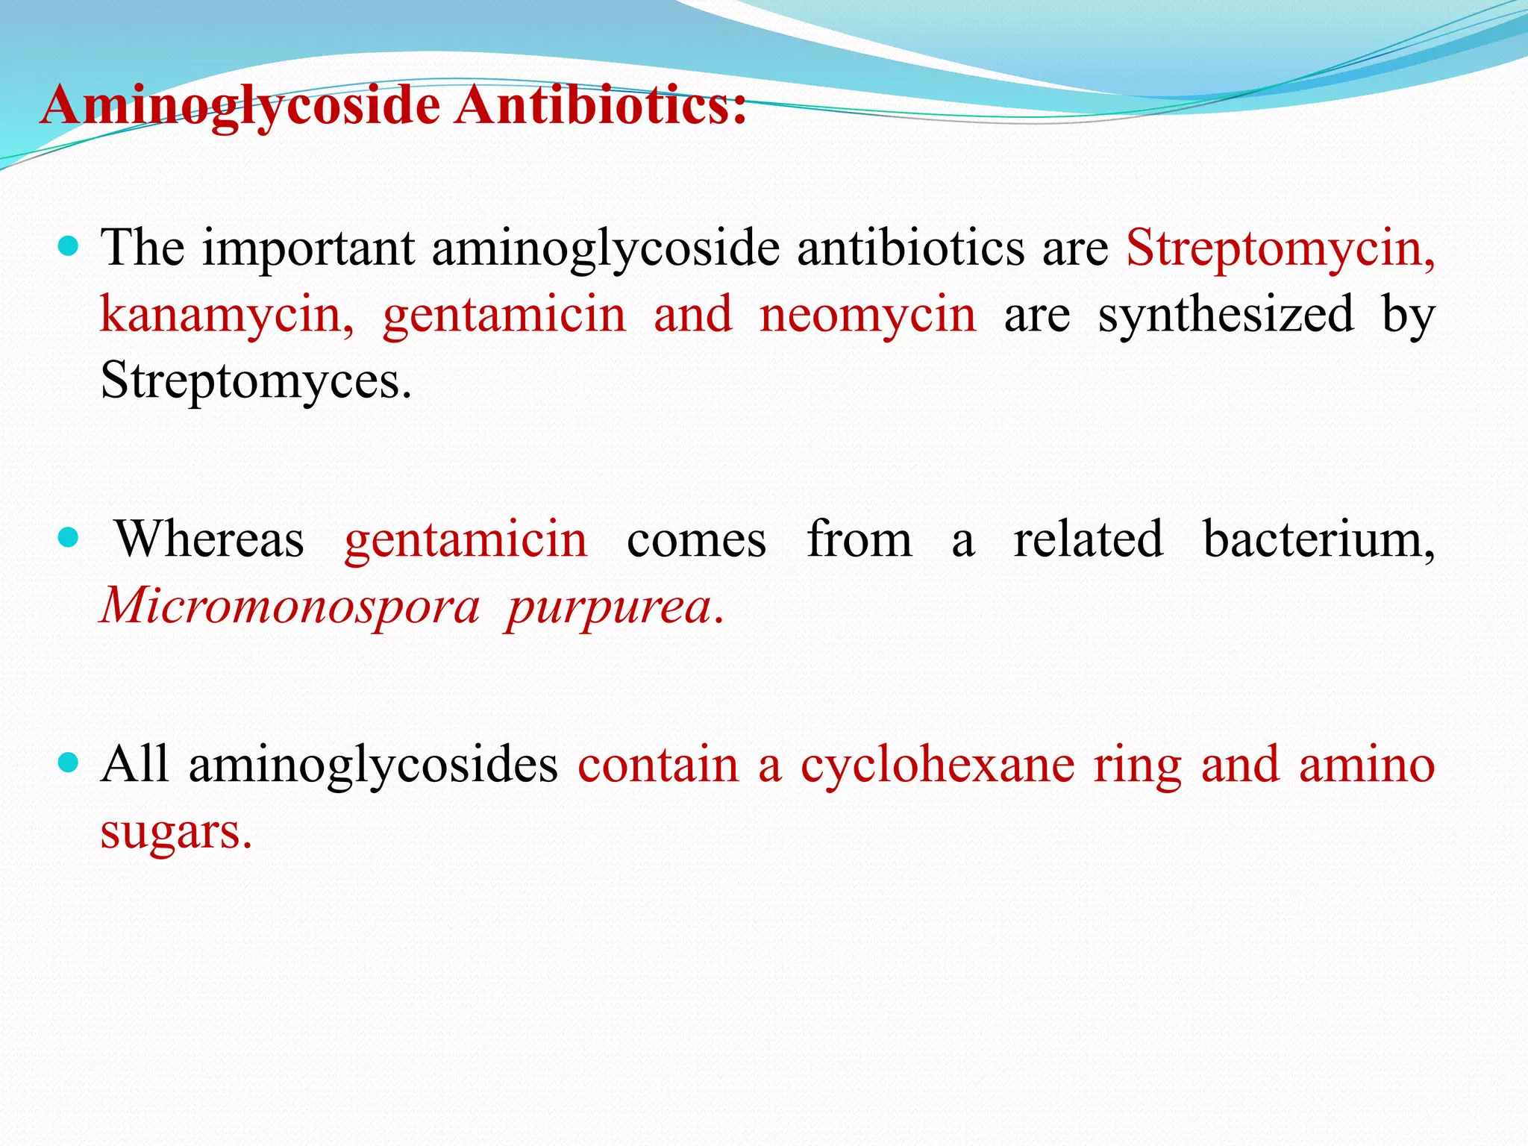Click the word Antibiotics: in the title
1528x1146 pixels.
pos(601,104)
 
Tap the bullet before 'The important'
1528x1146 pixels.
pos(68,245)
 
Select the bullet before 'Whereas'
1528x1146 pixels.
pos(68,537)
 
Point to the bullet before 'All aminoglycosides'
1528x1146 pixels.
pos(68,763)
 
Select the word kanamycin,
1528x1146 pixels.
pos(227,315)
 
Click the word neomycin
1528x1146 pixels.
pos(868,315)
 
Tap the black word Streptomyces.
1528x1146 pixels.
pos(255,382)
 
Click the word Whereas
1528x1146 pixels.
pos(210,539)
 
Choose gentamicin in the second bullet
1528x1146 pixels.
pos(466,539)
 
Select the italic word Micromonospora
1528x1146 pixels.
pos(289,606)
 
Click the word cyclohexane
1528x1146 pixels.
pos(937,765)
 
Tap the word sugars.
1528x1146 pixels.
pos(176,833)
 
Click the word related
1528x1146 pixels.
pos(1088,539)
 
